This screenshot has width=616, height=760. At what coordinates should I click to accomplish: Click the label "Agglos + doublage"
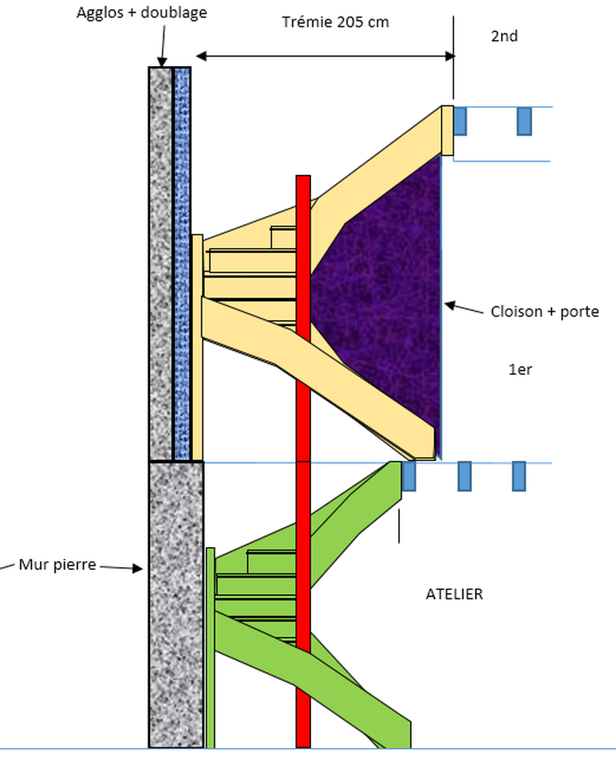[142, 13]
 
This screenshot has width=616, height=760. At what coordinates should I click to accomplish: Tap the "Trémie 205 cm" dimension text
[335, 22]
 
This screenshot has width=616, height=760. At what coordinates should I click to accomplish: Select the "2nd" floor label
[504, 36]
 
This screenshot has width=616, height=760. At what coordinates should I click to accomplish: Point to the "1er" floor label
[520, 370]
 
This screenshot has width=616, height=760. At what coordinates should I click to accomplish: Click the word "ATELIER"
[454, 594]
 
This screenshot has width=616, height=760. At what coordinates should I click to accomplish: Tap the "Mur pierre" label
[57, 565]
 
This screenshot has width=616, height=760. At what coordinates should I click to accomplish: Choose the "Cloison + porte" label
[545, 312]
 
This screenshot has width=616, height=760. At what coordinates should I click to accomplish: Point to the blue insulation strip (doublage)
[182, 263]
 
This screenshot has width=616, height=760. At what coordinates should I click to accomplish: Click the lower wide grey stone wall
[176, 604]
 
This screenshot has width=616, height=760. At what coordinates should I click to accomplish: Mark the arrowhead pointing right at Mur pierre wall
[137, 568]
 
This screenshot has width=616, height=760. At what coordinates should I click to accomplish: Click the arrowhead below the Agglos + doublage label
[162, 62]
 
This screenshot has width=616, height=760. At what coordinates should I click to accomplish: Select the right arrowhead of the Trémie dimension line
[449, 56]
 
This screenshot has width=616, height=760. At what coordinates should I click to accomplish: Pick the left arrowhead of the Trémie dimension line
[201, 56]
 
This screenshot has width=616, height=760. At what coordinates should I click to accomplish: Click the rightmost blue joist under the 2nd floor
[524, 121]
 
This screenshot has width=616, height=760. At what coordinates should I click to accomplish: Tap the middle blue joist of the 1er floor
[465, 476]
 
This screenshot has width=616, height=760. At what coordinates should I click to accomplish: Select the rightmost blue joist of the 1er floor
[519, 476]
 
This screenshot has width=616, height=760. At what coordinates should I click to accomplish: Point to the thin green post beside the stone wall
[210, 648]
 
